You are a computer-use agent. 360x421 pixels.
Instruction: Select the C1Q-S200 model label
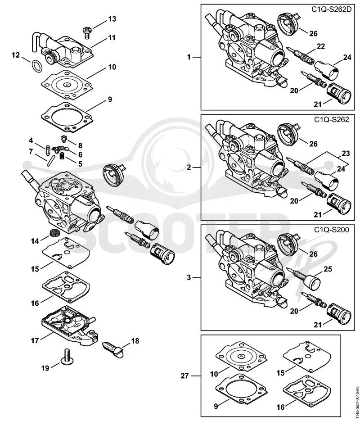point(332,230)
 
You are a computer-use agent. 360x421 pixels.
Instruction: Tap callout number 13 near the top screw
point(112,19)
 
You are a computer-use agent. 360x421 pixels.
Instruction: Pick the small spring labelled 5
point(62,156)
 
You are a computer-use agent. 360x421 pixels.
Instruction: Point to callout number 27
point(184,376)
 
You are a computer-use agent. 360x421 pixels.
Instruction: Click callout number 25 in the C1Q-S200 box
point(328,269)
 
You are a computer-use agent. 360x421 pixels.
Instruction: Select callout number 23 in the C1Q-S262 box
point(346,154)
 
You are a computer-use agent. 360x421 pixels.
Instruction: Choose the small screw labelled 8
point(64,139)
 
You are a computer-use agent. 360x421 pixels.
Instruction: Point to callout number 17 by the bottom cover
point(35,341)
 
